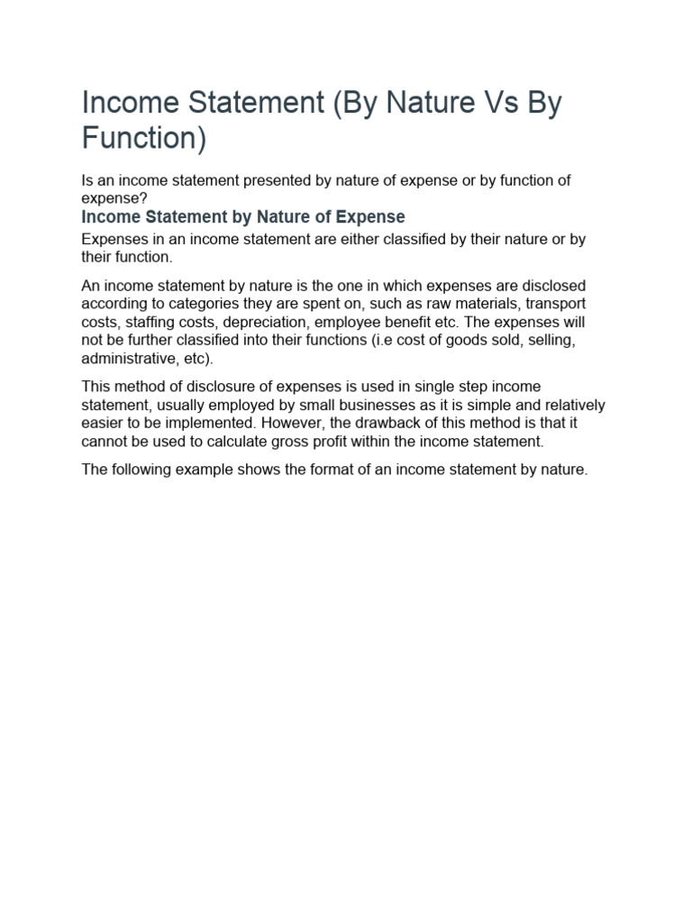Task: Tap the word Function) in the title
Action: coord(144,139)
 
